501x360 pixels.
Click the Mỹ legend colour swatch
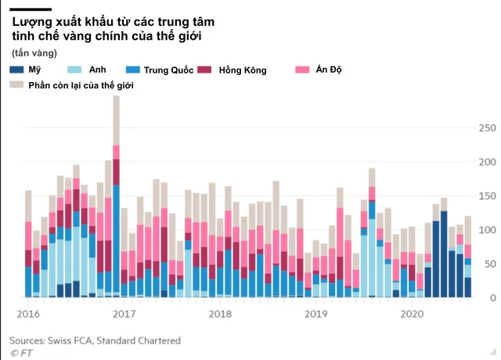click(x=16, y=70)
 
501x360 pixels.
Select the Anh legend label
click(x=97, y=70)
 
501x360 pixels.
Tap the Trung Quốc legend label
click(x=168, y=70)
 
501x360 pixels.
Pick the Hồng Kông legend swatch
click(x=204, y=70)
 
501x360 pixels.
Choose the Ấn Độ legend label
click(x=329, y=70)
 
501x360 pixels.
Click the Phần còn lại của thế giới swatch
click(x=16, y=85)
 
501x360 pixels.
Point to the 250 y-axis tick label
click(x=487, y=128)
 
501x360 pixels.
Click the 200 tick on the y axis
click(x=487, y=162)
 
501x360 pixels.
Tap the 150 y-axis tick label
click(x=487, y=196)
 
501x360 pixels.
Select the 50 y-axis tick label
click(x=490, y=264)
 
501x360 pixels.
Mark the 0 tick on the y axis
click(x=493, y=297)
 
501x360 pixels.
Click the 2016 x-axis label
click(x=28, y=314)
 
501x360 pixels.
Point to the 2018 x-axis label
click(x=220, y=314)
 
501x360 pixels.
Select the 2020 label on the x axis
click(x=412, y=314)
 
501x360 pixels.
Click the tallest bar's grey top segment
click(x=117, y=121)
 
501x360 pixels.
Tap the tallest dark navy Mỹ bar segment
click(x=444, y=254)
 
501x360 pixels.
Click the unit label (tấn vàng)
click(x=34, y=53)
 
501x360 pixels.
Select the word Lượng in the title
click(x=32, y=23)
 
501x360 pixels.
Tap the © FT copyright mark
click(x=21, y=353)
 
